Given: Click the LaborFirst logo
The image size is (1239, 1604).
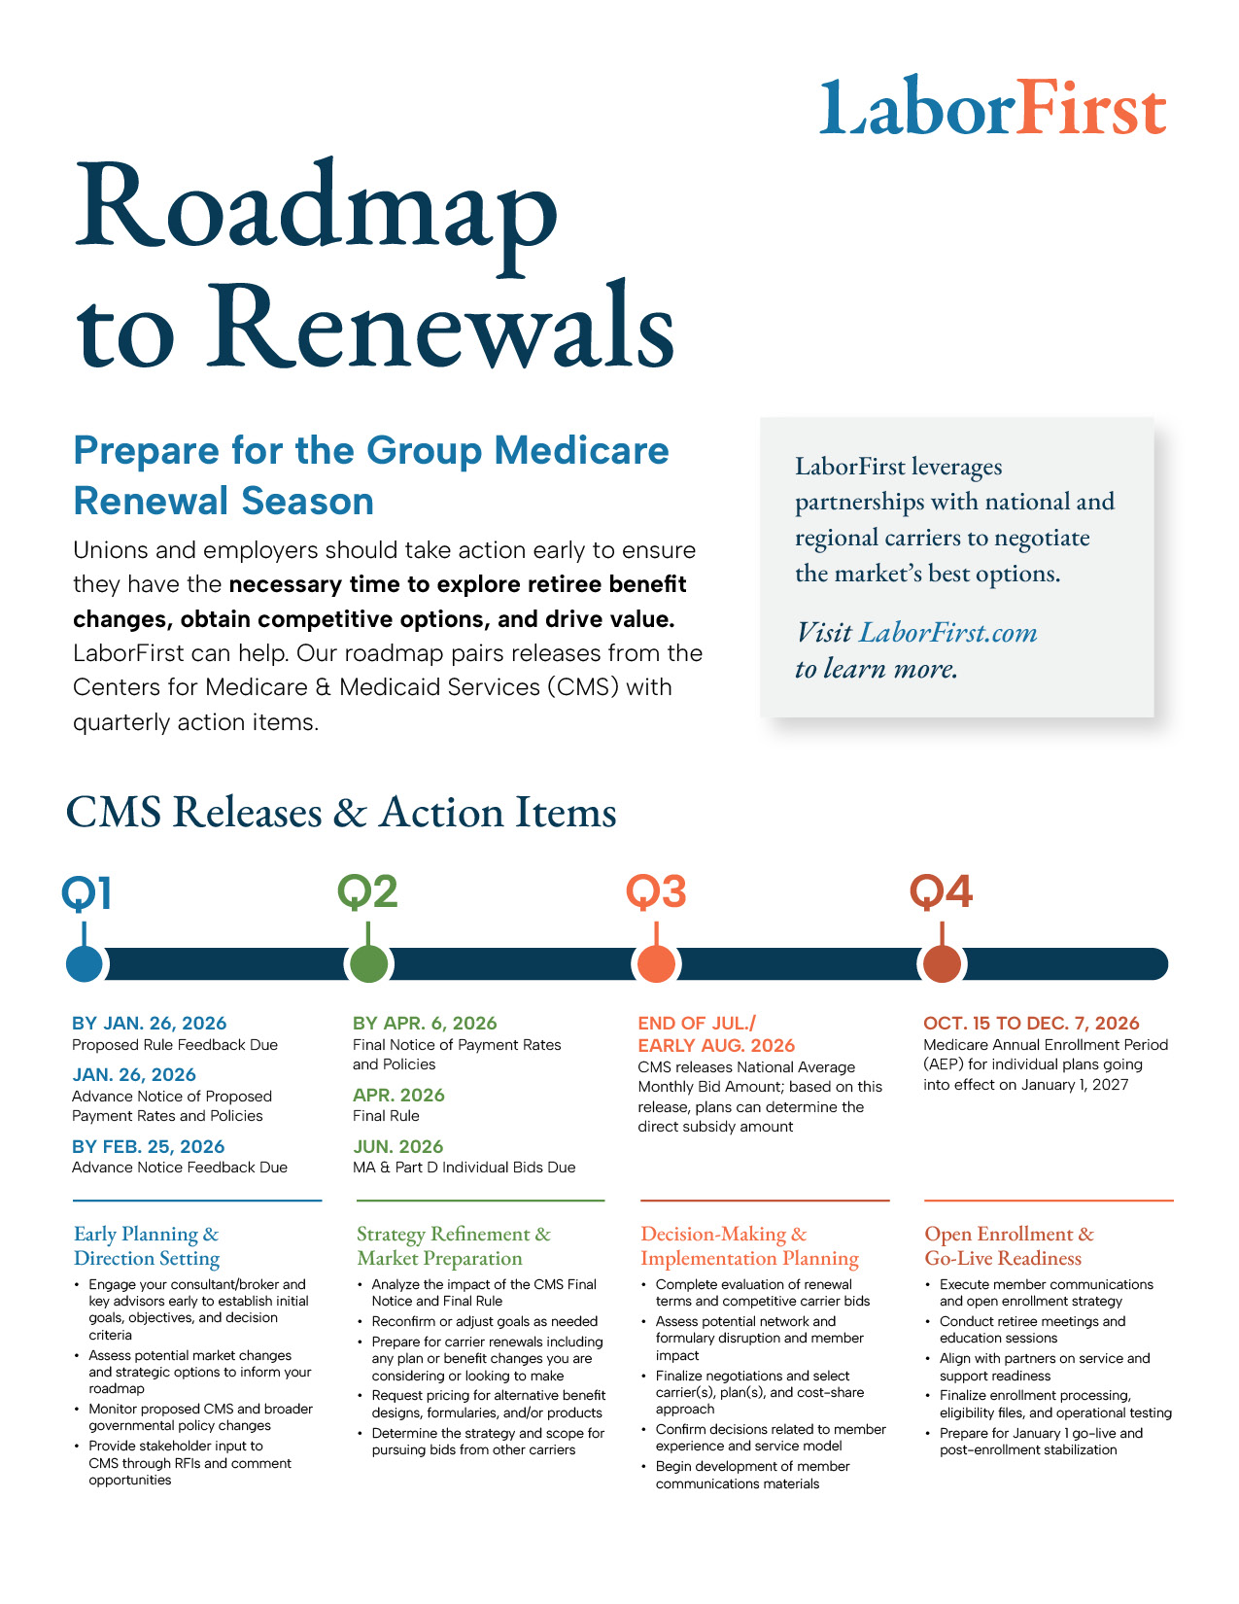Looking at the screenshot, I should (992, 107).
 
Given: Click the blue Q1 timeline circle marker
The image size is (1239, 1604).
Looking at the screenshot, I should (85, 963).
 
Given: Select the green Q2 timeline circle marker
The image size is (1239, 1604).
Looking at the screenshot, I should (367, 963).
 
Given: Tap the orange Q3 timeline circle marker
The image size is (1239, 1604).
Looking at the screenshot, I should (656, 963).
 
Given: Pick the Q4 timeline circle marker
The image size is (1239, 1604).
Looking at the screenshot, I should (941, 963).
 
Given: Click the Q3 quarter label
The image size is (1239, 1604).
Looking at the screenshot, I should (656, 891).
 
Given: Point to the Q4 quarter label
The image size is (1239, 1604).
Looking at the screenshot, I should (941, 891).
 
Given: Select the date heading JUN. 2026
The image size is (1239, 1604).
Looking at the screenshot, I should (397, 1146).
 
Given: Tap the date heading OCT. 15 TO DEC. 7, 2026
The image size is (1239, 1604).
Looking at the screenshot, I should (1031, 1023).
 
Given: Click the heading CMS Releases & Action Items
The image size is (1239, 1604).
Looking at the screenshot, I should (341, 813).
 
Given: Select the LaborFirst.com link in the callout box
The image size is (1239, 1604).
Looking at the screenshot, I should (947, 633).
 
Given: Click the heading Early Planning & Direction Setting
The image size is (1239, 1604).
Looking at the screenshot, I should (147, 1245).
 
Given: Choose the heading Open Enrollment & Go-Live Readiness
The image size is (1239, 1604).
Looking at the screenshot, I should (1009, 1245).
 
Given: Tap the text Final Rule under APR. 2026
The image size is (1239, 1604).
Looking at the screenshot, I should (386, 1116).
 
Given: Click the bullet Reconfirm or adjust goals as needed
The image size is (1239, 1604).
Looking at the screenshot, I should (484, 1321).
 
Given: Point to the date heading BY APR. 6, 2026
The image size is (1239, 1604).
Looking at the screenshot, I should (425, 1023).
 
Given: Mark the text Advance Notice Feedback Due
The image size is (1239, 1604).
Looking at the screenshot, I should (180, 1167).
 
